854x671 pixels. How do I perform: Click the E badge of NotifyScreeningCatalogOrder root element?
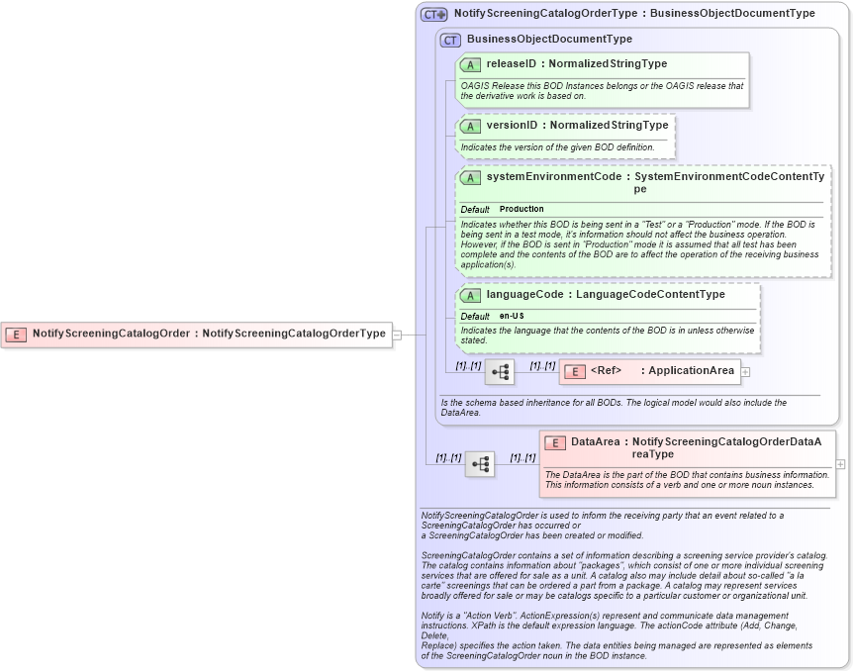pos(16,334)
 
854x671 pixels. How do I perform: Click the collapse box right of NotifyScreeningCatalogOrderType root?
pos(397,335)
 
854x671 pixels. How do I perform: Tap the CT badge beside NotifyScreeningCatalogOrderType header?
pos(433,15)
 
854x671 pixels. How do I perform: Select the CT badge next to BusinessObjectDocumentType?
pos(451,40)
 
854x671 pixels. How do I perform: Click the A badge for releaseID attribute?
pos(470,64)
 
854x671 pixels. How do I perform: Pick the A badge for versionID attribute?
pos(470,126)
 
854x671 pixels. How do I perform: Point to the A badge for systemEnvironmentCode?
pos(470,177)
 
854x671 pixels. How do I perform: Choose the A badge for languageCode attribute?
pos(470,295)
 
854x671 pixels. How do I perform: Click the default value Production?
pos(522,210)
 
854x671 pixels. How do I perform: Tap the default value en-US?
pos(512,316)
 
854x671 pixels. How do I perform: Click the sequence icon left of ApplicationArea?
pos(500,372)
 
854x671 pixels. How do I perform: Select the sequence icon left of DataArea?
pos(480,464)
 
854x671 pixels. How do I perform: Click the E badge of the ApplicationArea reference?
pos(573,371)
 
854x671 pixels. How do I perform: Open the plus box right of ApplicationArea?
pos(745,372)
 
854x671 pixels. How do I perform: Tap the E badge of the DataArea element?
pos(555,442)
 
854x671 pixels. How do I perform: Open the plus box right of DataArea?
pos(840,464)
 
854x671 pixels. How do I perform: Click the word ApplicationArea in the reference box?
pos(692,371)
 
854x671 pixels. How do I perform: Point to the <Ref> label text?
pos(607,371)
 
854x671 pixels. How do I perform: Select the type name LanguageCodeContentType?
pos(650,295)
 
